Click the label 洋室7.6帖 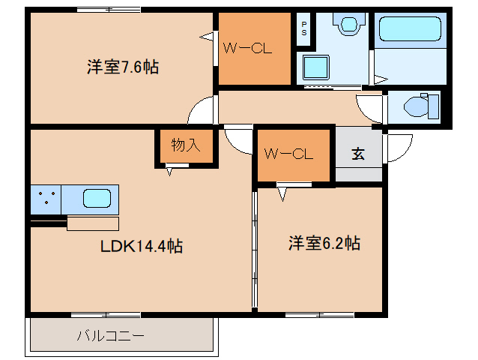[122, 67]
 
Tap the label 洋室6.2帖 [324, 243]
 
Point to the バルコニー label [110, 335]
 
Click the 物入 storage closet [185, 145]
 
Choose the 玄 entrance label [358, 154]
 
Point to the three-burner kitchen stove [46, 199]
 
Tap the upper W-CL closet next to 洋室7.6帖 [253, 49]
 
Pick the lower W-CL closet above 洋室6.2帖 [294, 155]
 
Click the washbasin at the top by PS [348, 26]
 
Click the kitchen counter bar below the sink [93, 223]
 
